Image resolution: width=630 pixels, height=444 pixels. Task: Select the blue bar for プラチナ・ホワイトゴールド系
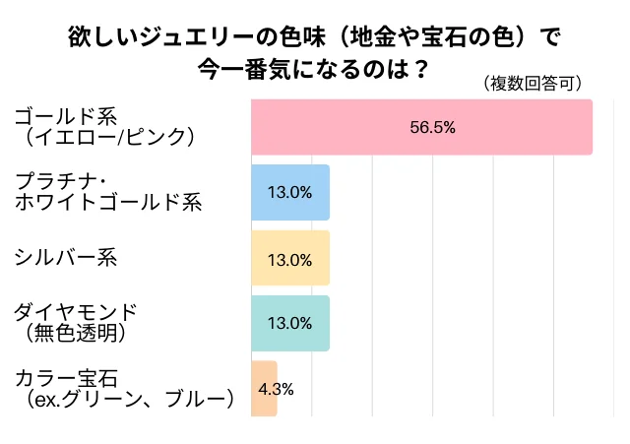(x=290, y=193)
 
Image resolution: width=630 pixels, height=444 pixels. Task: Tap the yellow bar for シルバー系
(x=290, y=258)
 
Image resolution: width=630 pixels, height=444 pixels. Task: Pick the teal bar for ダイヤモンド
(x=290, y=323)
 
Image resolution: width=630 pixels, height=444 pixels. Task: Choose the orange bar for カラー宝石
(x=264, y=388)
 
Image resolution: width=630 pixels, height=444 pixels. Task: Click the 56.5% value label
(x=431, y=128)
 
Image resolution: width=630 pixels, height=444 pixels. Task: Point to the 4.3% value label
(x=276, y=388)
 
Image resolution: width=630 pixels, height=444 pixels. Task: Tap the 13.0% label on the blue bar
(x=289, y=193)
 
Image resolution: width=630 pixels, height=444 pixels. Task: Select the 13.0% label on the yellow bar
(x=289, y=260)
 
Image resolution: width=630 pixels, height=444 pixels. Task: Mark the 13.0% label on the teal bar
(x=289, y=324)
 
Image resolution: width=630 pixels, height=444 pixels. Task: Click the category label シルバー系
(x=66, y=258)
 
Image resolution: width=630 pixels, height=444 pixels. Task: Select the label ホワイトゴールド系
(x=108, y=203)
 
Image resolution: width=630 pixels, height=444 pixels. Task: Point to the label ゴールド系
(x=62, y=115)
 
